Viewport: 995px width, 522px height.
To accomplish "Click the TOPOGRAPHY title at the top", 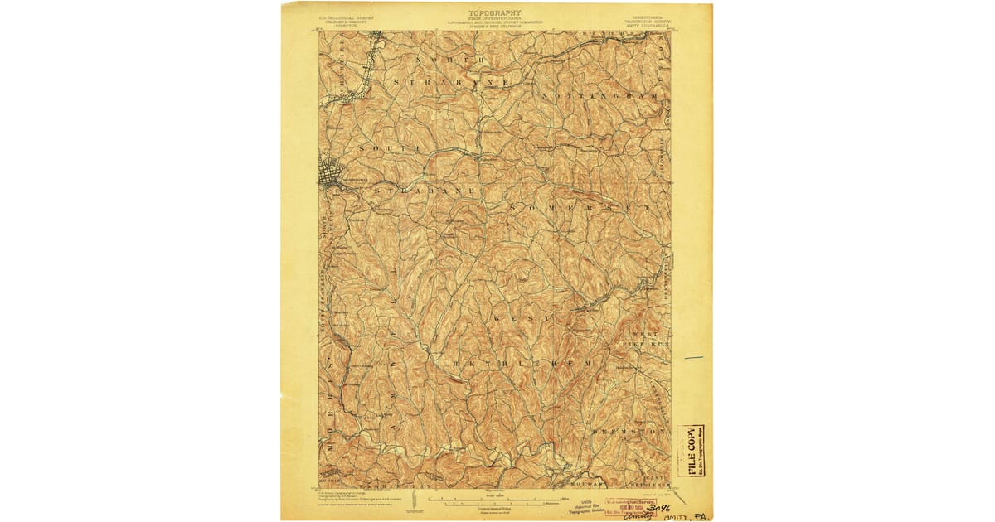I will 495,13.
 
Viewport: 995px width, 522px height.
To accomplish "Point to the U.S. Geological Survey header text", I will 348,17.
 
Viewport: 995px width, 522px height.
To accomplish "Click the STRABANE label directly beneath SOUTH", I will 424,191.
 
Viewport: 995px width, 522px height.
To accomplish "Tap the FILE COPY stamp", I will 692,452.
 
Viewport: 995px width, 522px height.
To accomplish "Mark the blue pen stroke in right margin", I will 693,358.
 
